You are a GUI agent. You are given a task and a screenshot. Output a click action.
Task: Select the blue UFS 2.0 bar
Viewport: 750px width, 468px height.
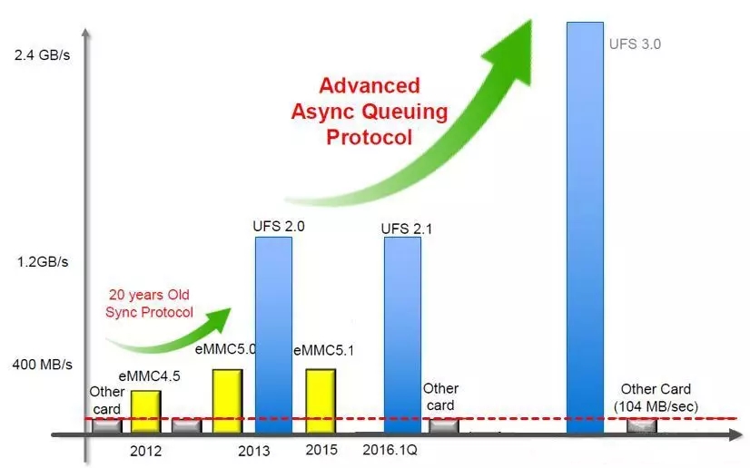[x=273, y=336]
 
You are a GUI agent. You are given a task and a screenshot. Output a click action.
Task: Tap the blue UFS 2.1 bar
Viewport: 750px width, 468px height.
[x=402, y=336]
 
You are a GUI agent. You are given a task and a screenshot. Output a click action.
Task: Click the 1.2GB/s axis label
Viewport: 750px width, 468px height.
[x=41, y=261]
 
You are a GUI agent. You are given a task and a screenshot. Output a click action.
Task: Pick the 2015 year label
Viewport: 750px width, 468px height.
[x=321, y=450]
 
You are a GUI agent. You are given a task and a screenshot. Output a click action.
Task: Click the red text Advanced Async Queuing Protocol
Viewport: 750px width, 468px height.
[x=370, y=112]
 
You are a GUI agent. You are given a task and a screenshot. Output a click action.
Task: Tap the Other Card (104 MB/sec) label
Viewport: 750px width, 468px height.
[x=656, y=398]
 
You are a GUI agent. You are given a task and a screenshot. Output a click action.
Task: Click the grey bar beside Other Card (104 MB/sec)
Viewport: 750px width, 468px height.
[x=641, y=425]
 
